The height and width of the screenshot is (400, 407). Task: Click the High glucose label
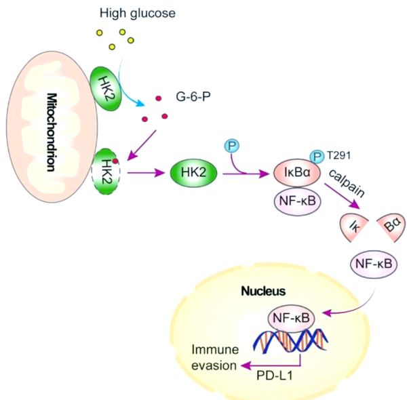point(138,14)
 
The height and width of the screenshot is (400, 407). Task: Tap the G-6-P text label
point(193,97)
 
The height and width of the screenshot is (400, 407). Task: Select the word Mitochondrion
point(52,132)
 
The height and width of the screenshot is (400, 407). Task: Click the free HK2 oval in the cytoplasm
point(193,173)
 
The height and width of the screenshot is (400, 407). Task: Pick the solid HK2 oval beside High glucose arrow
point(106,88)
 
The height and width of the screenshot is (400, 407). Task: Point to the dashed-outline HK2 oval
point(106,172)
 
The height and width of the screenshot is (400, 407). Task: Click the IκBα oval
point(297,173)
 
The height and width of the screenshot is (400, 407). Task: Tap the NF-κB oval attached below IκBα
point(298,201)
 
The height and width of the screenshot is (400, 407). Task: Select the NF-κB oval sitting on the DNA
point(291,319)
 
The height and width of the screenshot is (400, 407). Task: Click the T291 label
point(339,155)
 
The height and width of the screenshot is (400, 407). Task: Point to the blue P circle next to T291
point(317,157)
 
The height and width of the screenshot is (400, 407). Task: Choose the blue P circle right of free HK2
point(232,146)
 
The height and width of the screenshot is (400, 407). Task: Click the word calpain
point(347,183)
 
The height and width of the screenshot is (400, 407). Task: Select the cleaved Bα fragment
point(392,224)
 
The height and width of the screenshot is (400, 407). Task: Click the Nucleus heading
point(263,291)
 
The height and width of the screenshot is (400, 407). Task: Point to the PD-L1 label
point(275,376)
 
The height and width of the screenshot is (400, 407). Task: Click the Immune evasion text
point(215,357)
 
